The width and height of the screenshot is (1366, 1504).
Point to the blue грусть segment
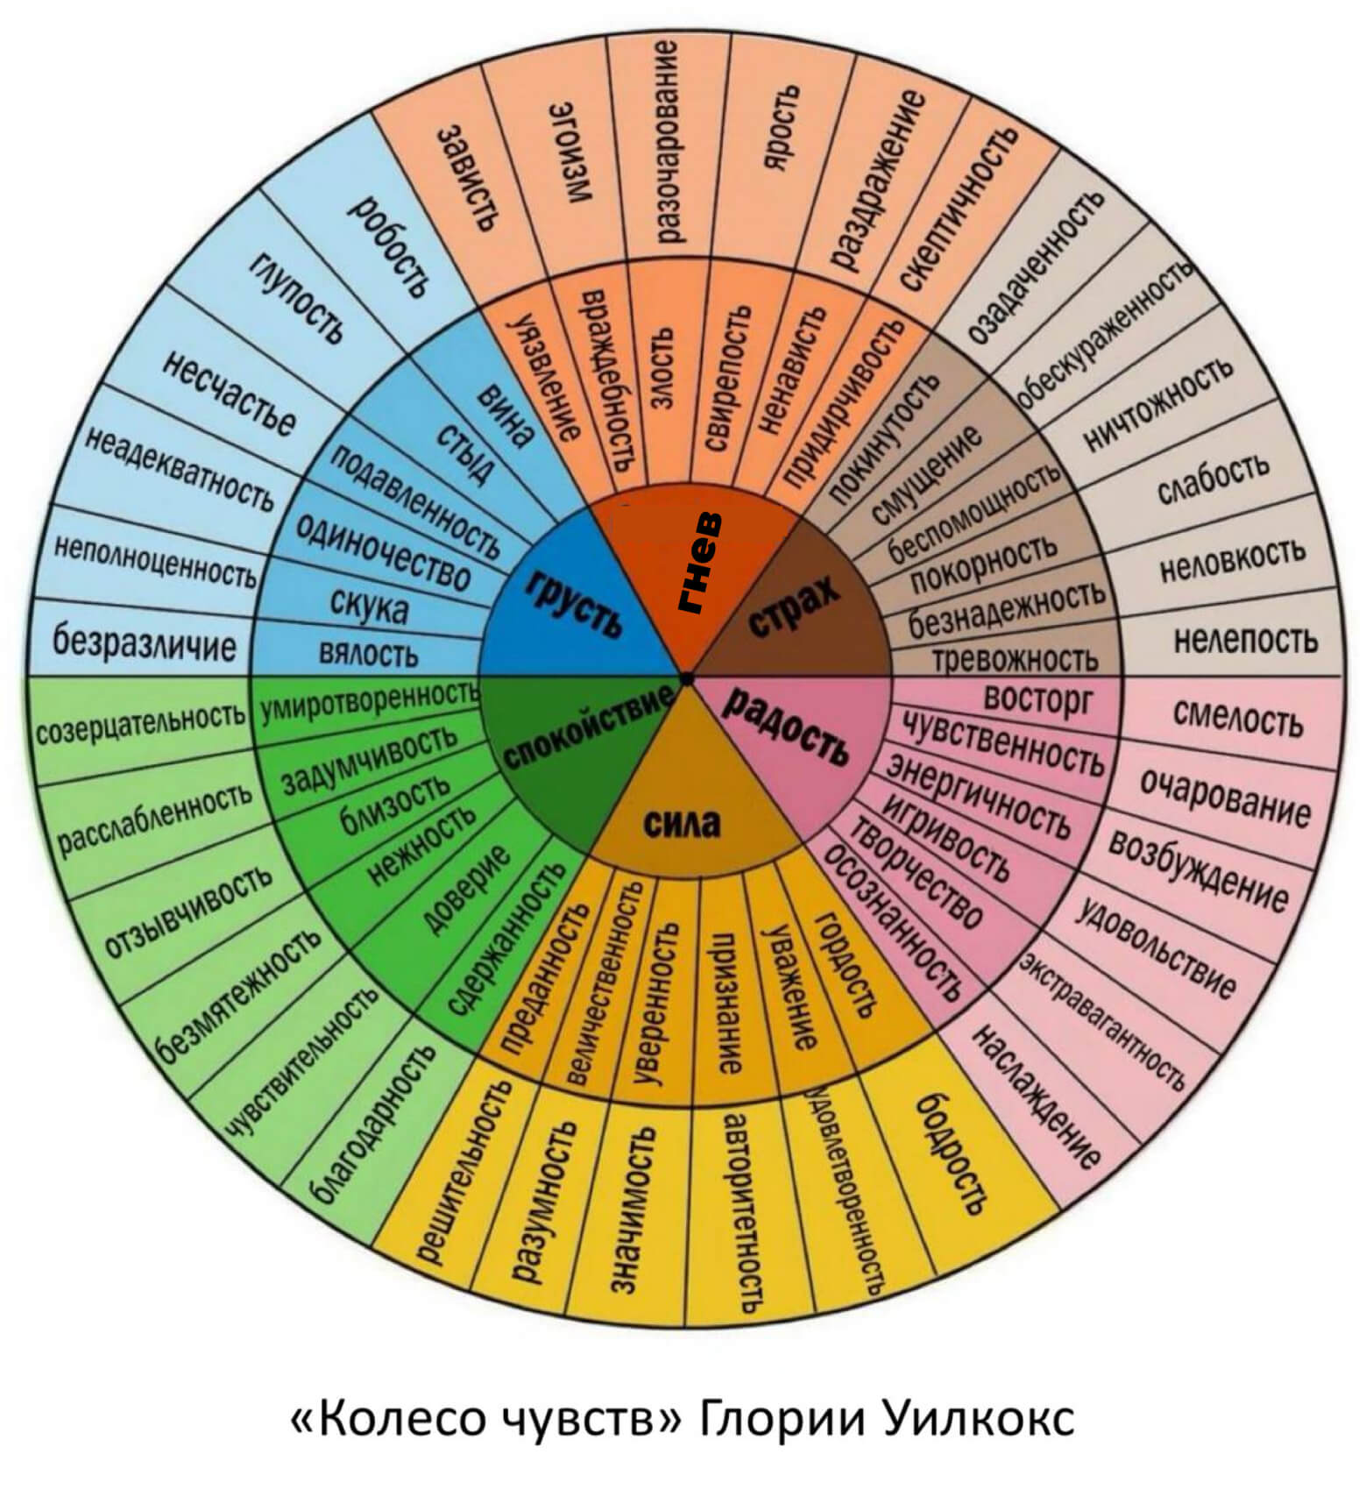pyautogui.click(x=574, y=604)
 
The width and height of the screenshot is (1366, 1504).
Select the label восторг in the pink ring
pyautogui.click(x=1038, y=699)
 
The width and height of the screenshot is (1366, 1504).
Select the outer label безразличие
pyautogui.click(x=144, y=642)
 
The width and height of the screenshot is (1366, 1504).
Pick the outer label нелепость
pyautogui.click(x=1245, y=641)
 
